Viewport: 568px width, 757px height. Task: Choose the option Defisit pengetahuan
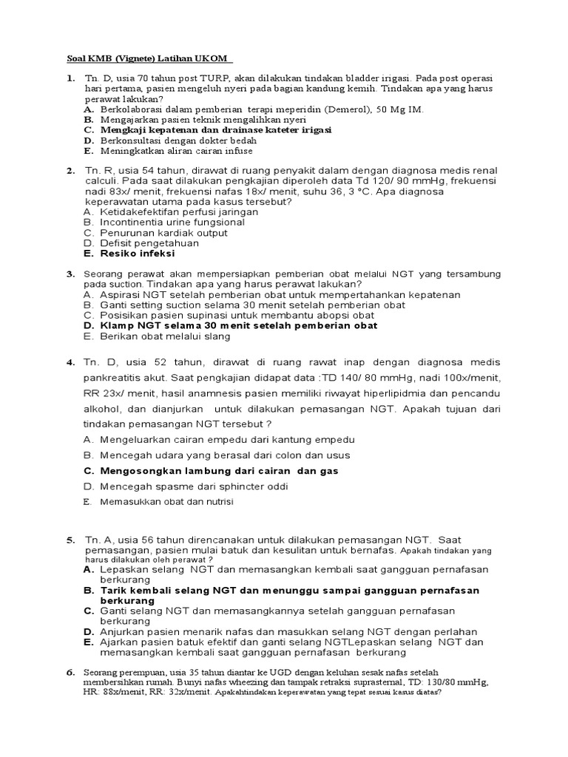click(x=141, y=242)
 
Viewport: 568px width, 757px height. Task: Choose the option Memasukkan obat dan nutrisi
click(x=169, y=502)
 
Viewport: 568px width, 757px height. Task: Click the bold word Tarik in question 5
click(x=115, y=590)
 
